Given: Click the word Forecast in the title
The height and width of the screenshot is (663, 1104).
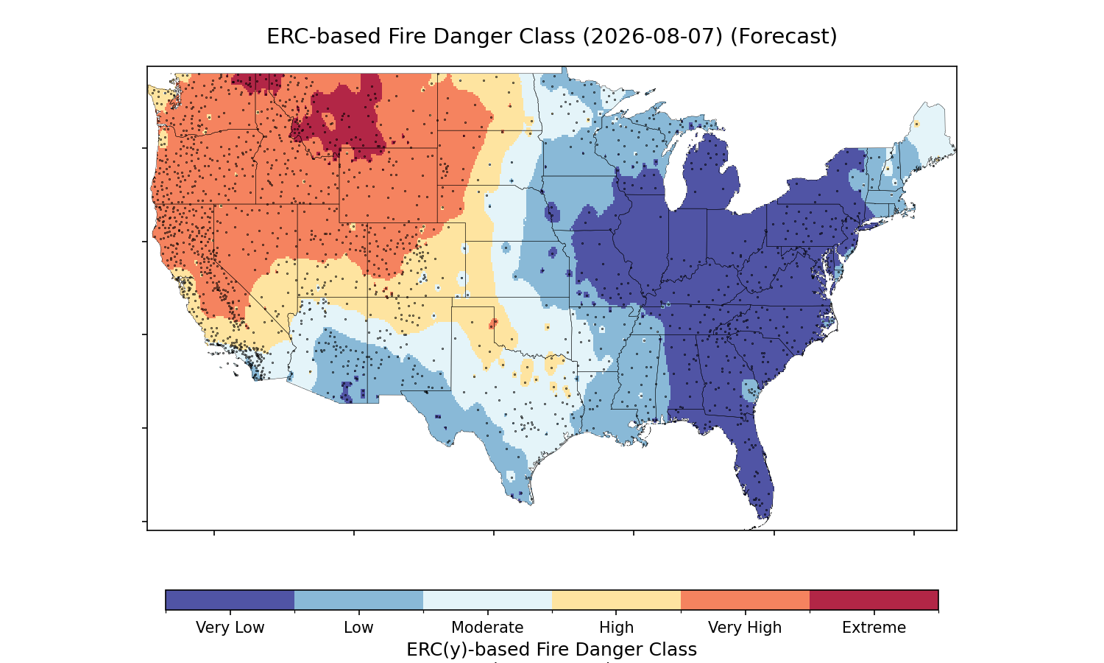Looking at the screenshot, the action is (784, 37).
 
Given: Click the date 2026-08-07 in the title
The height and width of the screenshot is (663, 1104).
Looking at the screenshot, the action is (653, 37).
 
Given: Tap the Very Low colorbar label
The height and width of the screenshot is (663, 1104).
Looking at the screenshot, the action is (230, 628).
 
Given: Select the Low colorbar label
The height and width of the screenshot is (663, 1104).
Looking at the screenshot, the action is (358, 628).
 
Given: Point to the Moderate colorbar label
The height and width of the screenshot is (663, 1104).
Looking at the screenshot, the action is (487, 628).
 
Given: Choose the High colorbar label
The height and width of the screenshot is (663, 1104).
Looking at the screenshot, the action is (616, 628).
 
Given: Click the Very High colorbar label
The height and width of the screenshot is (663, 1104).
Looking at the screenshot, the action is (745, 628).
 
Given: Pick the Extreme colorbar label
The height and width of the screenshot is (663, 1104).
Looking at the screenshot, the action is (874, 628).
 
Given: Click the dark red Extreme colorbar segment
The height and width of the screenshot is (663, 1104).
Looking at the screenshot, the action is (874, 600).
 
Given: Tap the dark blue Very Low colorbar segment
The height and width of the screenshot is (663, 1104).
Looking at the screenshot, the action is (230, 600).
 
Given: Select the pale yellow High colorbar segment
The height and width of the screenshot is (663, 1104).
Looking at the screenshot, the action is (616, 600).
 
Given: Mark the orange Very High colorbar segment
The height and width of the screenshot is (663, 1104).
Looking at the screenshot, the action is (745, 600).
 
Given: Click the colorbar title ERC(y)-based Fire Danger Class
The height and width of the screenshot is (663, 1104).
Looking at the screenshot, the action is (551, 650).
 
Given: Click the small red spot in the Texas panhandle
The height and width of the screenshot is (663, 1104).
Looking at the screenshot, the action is (493, 323).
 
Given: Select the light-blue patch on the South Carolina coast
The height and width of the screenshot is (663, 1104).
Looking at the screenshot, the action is (750, 390).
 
